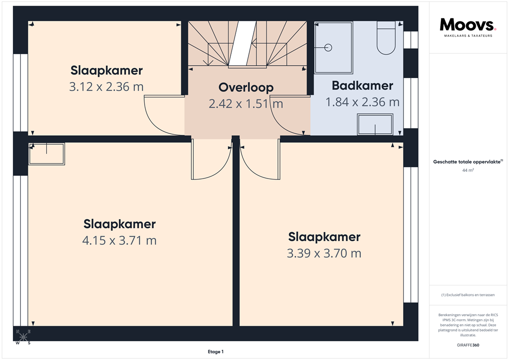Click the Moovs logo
pos(468,24)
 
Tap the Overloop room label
pos(246,88)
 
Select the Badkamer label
pos(362,86)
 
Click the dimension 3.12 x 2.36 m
pos(106,87)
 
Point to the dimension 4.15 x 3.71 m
pos(119,241)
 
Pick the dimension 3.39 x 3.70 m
pos(324,254)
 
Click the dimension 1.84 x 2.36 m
pos(362,102)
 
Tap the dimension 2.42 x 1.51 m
pos(246,104)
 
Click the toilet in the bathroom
pos(386,38)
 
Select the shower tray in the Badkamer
pos(334,47)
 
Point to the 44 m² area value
pos(468,171)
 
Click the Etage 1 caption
pos(216,352)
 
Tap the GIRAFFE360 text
pos(468,345)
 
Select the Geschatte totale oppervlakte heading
pos(468,162)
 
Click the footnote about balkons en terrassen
pos(468,295)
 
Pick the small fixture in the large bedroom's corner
pos(47,154)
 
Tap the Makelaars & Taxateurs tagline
pos(468,36)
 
